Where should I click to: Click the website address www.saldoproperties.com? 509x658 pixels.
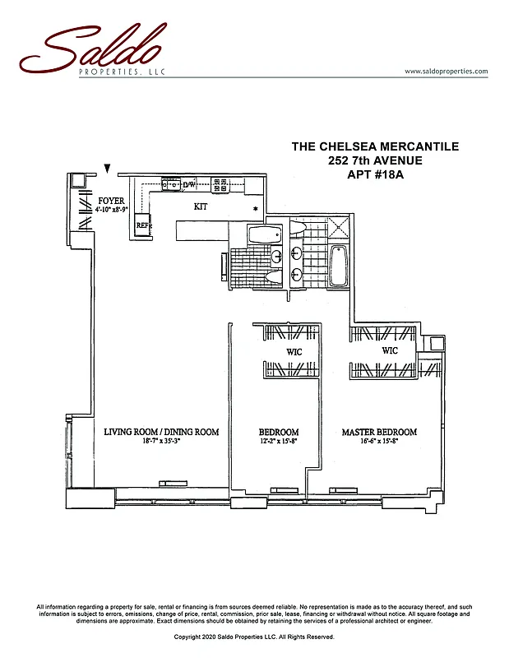pyautogui.click(x=447, y=72)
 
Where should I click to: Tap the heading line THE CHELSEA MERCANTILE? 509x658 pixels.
pyautogui.click(x=375, y=146)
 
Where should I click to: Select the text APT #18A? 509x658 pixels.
pyautogui.click(x=375, y=174)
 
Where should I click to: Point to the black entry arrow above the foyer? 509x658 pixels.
pyautogui.click(x=107, y=169)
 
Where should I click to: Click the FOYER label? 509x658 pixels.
pyautogui.click(x=111, y=201)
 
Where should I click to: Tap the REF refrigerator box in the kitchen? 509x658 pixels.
pyautogui.click(x=142, y=225)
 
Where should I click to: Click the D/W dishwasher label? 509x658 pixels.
pyautogui.click(x=188, y=185)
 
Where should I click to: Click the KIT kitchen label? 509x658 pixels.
pyautogui.click(x=201, y=206)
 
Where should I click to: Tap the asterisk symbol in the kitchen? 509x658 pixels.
pyautogui.click(x=256, y=209)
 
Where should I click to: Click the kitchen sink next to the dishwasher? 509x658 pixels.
pyautogui.click(x=169, y=184)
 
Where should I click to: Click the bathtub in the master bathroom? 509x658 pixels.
pyautogui.click(x=339, y=267)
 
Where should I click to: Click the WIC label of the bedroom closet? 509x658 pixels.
pyautogui.click(x=294, y=352)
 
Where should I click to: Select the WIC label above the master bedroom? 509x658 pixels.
pyautogui.click(x=390, y=351)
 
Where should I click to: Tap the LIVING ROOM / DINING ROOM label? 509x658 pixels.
pyautogui.click(x=161, y=432)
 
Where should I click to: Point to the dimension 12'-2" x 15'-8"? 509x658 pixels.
pyautogui.click(x=279, y=442)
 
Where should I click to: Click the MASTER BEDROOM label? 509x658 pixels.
pyautogui.click(x=379, y=432)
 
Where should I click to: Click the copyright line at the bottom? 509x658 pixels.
pyautogui.click(x=254, y=637)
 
